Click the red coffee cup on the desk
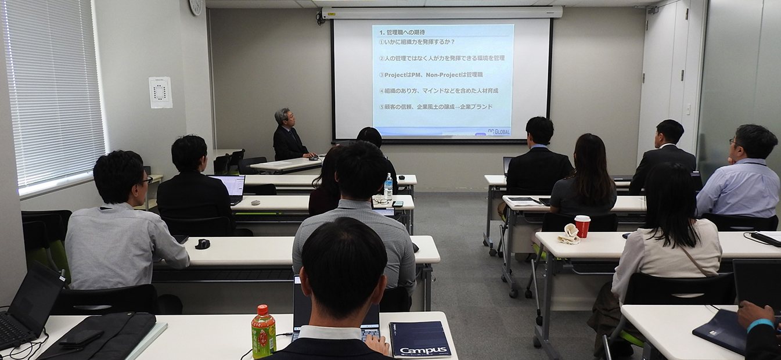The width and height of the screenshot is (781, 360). click(582, 226)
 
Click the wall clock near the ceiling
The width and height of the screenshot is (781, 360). click(196, 6)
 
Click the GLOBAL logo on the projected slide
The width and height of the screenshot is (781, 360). click(499, 132)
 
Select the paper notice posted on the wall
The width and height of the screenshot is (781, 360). click(160, 92)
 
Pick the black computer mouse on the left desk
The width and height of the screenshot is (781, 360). click(202, 244)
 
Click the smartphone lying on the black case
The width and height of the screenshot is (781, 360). click(81, 338)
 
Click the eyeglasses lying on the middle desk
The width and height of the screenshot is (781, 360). click(381, 201)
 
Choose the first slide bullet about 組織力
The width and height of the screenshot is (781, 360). click(416, 42)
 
